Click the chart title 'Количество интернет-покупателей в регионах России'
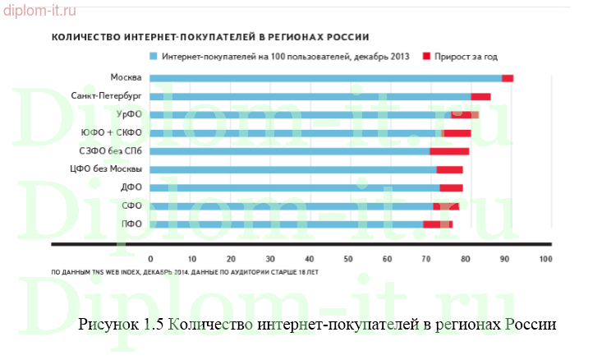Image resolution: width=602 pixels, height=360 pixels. (209, 37)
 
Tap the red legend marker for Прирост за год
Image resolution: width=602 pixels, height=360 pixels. (426, 57)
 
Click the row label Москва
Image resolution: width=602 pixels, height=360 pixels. (126, 78)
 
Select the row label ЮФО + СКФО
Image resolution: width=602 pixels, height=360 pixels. (112, 132)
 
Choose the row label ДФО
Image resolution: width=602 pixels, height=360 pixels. (131, 187)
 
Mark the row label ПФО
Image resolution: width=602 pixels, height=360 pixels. (131, 224)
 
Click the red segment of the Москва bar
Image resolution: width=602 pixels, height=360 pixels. (508, 78)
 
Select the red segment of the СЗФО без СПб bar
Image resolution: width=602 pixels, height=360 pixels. (449, 151)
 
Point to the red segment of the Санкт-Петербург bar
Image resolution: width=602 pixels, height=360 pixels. (480, 96)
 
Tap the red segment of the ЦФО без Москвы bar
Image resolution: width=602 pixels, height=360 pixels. (449, 169)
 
